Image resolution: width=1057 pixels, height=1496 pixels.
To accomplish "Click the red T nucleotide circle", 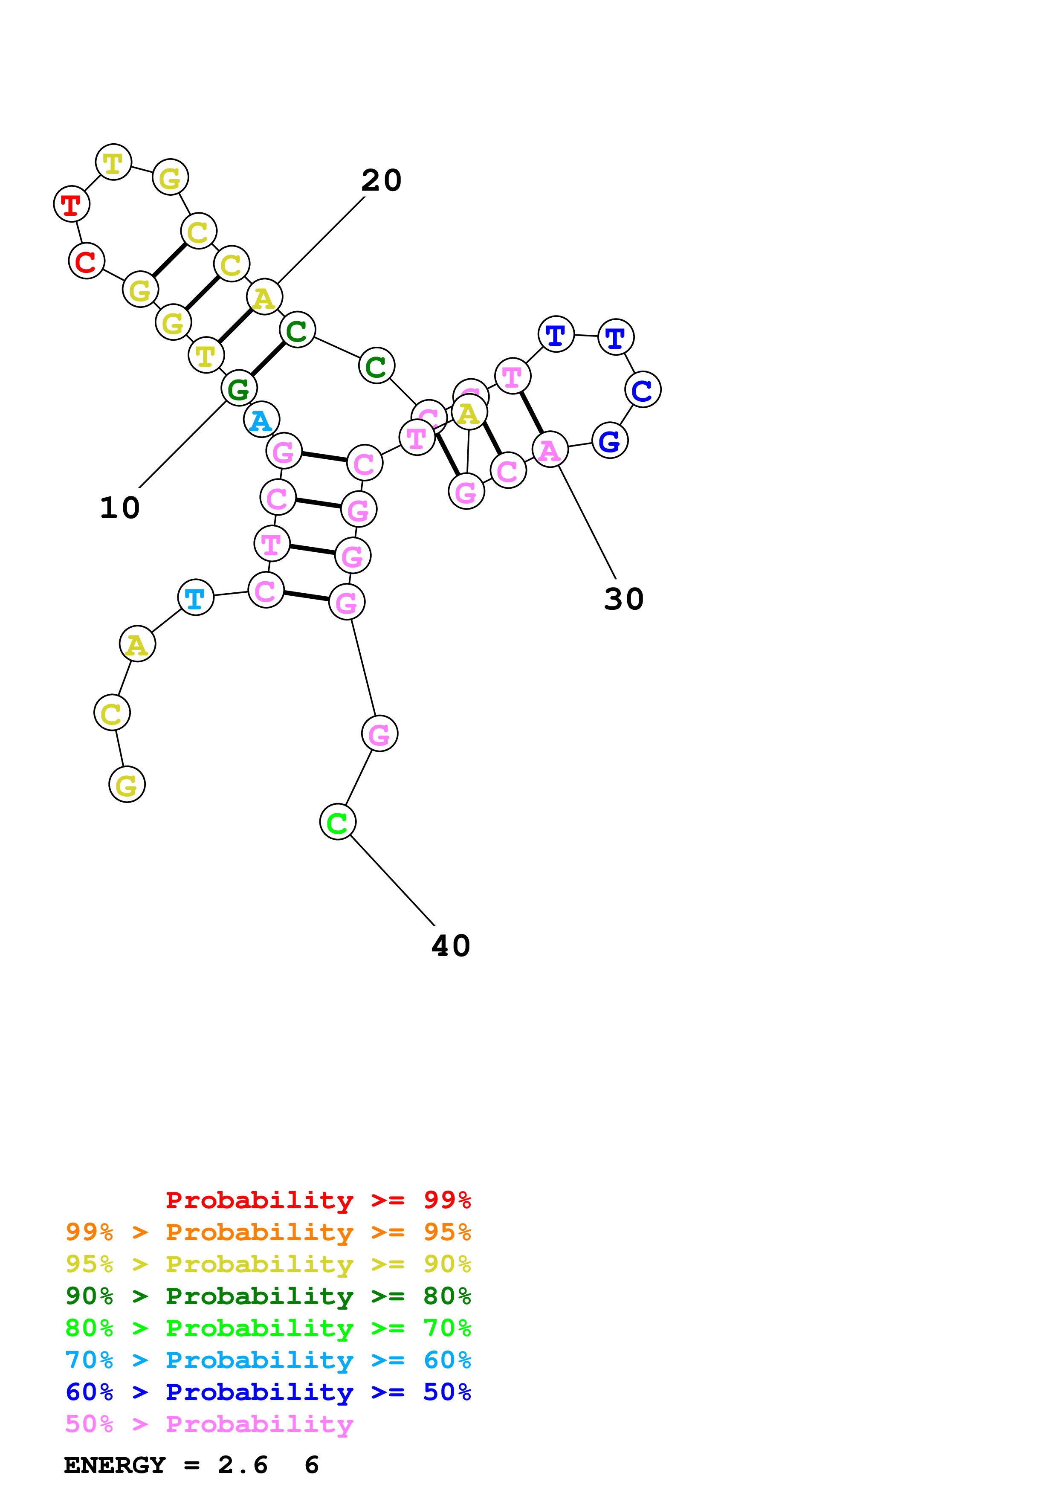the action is pos(71,205).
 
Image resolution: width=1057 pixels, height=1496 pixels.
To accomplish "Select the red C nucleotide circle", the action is pos(86,261).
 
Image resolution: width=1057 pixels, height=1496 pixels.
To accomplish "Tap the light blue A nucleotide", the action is pos(261,420).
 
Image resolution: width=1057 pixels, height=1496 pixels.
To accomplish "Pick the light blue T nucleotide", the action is pos(195,597).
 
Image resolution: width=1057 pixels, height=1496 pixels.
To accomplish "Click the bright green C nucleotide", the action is pos(337,822).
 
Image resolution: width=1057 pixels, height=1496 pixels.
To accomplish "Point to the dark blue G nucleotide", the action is pos(610,441).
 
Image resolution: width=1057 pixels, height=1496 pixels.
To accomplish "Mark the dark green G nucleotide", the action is pos(239,389).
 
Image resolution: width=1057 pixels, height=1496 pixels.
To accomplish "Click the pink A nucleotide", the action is pos(550,449).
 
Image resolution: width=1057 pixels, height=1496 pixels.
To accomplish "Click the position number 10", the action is pos(120,508).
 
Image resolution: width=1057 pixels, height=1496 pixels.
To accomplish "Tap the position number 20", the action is pos(382,180).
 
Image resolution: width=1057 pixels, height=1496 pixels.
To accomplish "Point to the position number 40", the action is pos(451,946).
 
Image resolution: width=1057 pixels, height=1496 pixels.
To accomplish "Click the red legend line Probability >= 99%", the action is pos(318,1200).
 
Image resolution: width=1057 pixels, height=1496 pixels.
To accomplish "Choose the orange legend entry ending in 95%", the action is pos(268,1232).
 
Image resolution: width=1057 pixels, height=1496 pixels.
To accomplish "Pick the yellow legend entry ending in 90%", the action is pos(268,1264).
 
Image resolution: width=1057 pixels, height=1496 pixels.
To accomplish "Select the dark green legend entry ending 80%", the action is pos(268,1296).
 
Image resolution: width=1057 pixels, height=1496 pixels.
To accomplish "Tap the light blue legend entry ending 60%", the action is pos(268,1360).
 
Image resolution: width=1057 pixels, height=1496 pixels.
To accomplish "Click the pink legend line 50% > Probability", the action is pos(209,1424).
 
